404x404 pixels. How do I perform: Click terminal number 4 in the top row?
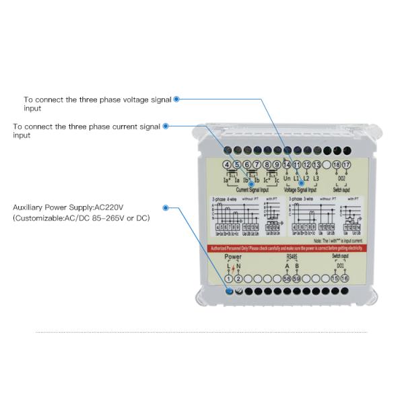(x=227, y=165)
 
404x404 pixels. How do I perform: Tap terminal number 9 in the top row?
(x=277, y=165)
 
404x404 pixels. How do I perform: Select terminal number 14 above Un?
(x=287, y=165)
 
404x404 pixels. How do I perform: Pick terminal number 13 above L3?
(x=316, y=165)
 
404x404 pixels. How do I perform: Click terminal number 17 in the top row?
(x=346, y=165)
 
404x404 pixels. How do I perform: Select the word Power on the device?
(x=233, y=257)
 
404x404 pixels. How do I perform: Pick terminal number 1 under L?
(x=228, y=279)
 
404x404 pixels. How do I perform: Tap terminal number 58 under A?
(x=287, y=279)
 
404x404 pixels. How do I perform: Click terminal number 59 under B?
(x=297, y=279)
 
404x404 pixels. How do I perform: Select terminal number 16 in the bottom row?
(x=345, y=279)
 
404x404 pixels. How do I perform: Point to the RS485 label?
(x=292, y=257)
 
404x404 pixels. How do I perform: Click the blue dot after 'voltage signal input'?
(x=176, y=99)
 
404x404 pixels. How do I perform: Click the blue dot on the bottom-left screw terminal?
(x=229, y=291)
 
